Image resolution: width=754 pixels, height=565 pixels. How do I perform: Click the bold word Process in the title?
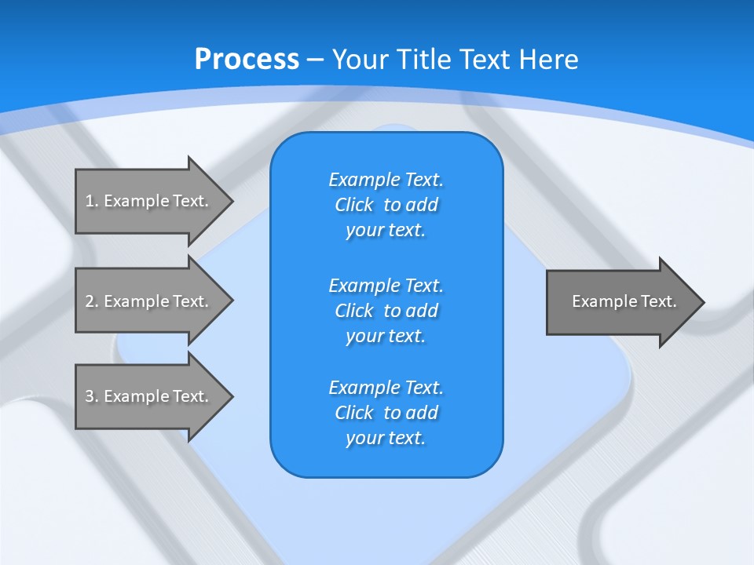point(247,60)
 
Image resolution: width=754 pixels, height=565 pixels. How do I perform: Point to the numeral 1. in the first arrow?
point(91,201)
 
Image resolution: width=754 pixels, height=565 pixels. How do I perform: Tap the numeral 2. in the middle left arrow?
point(91,301)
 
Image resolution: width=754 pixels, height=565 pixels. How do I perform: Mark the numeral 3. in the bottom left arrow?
point(91,396)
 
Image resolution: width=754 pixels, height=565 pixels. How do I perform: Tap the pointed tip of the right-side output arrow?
point(701,301)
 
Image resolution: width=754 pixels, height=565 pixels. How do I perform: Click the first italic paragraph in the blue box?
point(386,205)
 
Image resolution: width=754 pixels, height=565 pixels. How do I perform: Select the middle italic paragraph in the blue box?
point(386,311)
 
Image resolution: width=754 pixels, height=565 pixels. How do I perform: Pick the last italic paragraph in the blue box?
point(386,413)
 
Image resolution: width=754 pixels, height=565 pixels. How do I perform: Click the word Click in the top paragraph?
point(354,206)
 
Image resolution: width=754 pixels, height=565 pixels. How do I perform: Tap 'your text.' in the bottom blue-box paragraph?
point(386,438)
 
